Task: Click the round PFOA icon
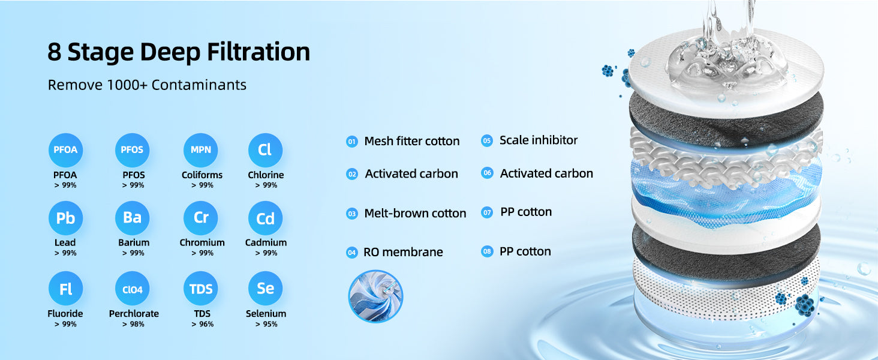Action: coord(65,150)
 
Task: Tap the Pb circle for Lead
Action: coord(65,218)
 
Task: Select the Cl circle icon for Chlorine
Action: coord(265,150)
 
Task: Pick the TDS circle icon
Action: coord(201,289)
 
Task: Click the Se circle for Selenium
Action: coord(265,289)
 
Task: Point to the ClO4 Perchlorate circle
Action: coord(132,289)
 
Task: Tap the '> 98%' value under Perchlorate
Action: coord(133,324)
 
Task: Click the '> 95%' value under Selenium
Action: coord(266,324)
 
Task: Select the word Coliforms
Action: coord(202,175)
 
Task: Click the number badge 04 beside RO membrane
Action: coord(352,253)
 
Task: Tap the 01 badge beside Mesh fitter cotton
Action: coord(352,142)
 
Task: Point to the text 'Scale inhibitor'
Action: coord(538,140)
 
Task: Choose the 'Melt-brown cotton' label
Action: coord(415,214)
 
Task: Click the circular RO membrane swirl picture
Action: coord(375,296)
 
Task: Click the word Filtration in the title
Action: coord(258,52)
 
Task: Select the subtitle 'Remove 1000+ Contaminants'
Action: coord(147,85)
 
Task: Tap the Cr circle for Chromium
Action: coord(201,218)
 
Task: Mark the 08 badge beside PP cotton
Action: coord(487,251)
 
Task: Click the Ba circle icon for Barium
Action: coord(132,218)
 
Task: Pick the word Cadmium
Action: coord(266,243)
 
